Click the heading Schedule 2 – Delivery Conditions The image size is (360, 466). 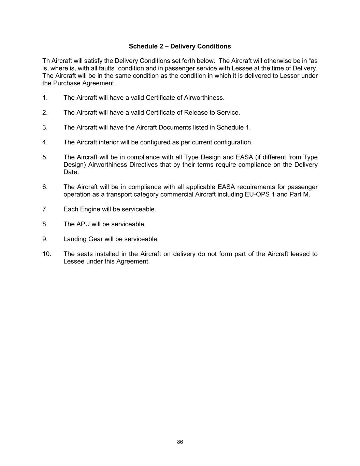click(x=180, y=46)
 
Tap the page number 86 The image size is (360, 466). click(x=180, y=442)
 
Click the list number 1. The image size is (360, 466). click(x=45, y=98)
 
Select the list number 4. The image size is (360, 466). click(x=45, y=142)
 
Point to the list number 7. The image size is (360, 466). click(x=45, y=209)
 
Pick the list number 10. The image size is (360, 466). click(x=47, y=254)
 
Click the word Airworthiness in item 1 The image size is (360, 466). click(x=204, y=98)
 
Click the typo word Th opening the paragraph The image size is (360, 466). click(x=46, y=61)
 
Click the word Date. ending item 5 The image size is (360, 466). click(x=71, y=172)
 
